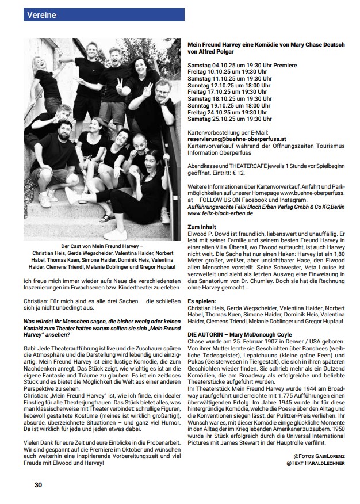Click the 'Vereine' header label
point(41,15)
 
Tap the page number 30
point(37,484)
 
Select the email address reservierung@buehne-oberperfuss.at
point(238,139)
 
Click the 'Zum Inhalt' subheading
point(202,227)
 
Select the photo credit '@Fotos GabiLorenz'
point(319,456)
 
